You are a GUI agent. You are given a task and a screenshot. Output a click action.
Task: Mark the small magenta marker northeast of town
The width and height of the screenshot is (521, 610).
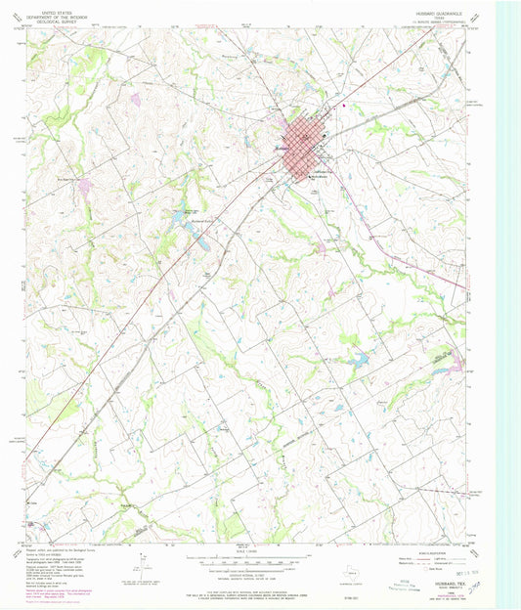pos(343,106)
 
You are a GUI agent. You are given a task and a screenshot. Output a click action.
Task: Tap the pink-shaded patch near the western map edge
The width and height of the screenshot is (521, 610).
pos(86,185)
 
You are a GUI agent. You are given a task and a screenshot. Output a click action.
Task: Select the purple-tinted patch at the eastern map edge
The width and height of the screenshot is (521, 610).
pos(454,364)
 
